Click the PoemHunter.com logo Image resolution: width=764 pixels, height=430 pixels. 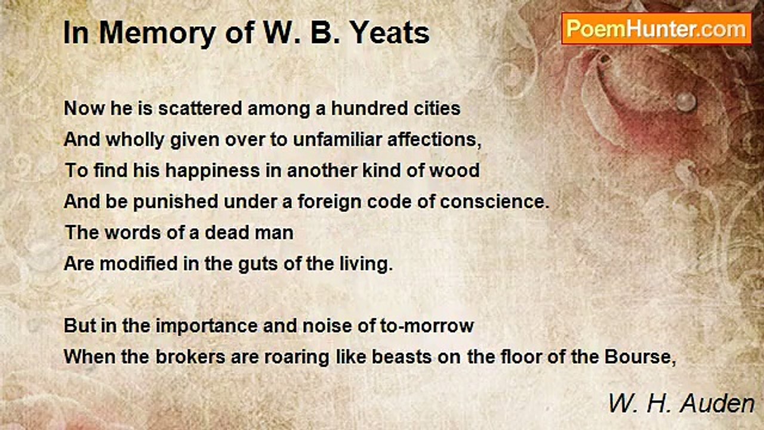pos(656,29)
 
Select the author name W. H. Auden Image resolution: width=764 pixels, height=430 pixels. pos(681,404)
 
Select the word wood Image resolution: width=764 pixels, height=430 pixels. pos(455,171)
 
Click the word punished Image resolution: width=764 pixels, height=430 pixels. pos(175,202)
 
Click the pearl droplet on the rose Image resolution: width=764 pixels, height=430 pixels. pos(686,101)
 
